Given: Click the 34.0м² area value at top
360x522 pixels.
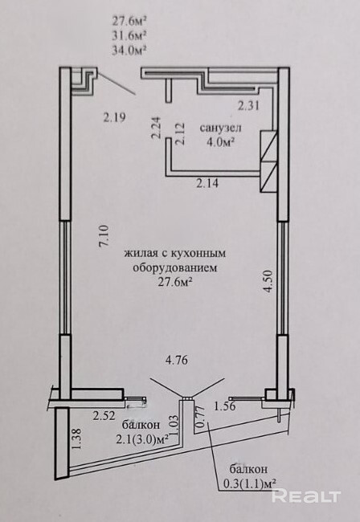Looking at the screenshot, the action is (x=129, y=50).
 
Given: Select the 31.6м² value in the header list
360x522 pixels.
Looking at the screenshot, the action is (x=129, y=35).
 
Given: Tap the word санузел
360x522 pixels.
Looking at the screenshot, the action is (x=220, y=128).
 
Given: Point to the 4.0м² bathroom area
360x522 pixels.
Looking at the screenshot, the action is (x=220, y=142).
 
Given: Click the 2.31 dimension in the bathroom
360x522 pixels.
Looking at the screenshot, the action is (x=248, y=106).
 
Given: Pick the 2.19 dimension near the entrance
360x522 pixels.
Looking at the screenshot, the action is (x=114, y=117).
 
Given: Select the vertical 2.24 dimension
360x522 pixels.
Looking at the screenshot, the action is (x=156, y=127).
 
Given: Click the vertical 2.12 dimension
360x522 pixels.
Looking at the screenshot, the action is (x=180, y=134).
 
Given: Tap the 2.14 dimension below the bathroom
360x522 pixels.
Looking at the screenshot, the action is (x=207, y=183).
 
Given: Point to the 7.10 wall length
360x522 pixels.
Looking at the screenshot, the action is (x=104, y=236).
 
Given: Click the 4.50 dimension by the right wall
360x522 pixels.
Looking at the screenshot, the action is (x=268, y=281).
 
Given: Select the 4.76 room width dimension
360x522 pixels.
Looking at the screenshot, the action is (x=177, y=360).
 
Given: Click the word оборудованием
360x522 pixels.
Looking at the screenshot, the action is (x=175, y=268).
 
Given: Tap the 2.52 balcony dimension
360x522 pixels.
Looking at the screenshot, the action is (x=104, y=416).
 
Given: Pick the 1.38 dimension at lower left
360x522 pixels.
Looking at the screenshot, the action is (x=77, y=438).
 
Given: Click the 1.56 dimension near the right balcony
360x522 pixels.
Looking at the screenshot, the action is (x=225, y=406).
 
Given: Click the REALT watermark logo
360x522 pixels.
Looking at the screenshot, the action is (x=306, y=496).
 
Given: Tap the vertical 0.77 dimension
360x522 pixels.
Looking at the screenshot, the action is (x=199, y=417).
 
